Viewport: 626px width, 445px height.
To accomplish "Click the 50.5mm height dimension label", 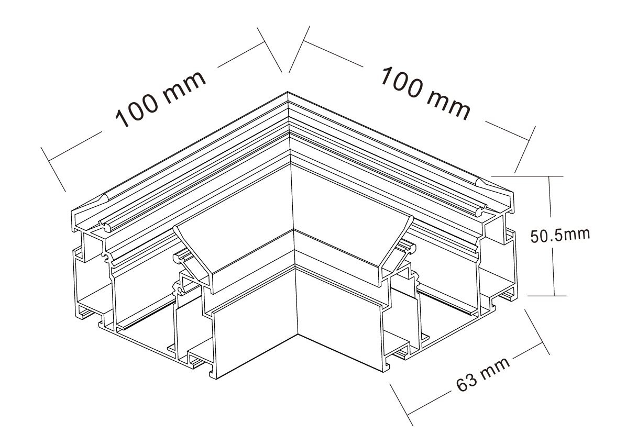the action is pos(560,235).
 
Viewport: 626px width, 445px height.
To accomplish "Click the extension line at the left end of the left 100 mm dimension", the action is pos(53,169).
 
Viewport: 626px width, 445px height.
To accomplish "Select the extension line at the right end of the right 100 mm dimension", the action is pos(524,150).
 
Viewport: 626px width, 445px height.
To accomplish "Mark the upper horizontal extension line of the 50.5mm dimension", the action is pos(527,175).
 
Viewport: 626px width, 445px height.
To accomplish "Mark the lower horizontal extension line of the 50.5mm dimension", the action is pos(546,296).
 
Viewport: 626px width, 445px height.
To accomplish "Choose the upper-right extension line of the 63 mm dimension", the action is pos(537,331).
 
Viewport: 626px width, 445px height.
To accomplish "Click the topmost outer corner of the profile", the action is pos(288,93).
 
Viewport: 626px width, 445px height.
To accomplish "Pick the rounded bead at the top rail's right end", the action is pos(484,183).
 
